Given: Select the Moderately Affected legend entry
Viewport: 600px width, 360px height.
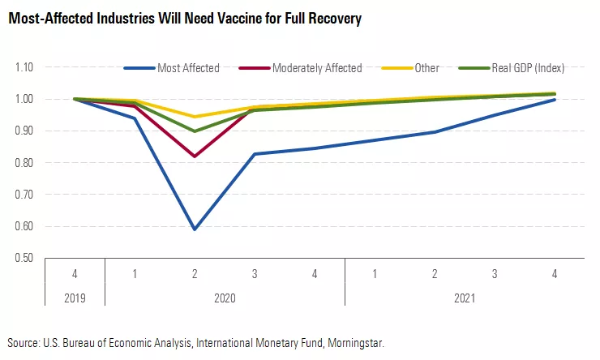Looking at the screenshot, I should [x=317, y=68].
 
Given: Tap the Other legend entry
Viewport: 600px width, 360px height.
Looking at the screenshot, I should [x=426, y=68].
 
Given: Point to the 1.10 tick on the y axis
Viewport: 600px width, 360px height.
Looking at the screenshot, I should [x=24, y=67].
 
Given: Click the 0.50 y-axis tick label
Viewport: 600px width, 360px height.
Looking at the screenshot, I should [x=24, y=258].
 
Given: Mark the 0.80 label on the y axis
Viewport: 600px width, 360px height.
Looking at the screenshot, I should [x=24, y=163].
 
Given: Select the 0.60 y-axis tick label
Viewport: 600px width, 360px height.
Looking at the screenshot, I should [x=24, y=226].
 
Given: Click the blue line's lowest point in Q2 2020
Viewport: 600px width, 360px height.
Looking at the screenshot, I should [x=195, y=229].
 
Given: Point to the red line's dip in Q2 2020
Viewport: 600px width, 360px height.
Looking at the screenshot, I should [x=195, y=156].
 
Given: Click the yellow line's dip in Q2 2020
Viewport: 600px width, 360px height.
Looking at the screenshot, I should [x=195, y=117].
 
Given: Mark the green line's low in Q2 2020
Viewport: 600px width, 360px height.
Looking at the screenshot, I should [x=195, y=131].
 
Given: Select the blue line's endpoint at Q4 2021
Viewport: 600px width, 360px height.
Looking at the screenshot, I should [x=555, y=100].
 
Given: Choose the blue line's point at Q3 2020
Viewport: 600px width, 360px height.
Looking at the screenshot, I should [x=255, y=154].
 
